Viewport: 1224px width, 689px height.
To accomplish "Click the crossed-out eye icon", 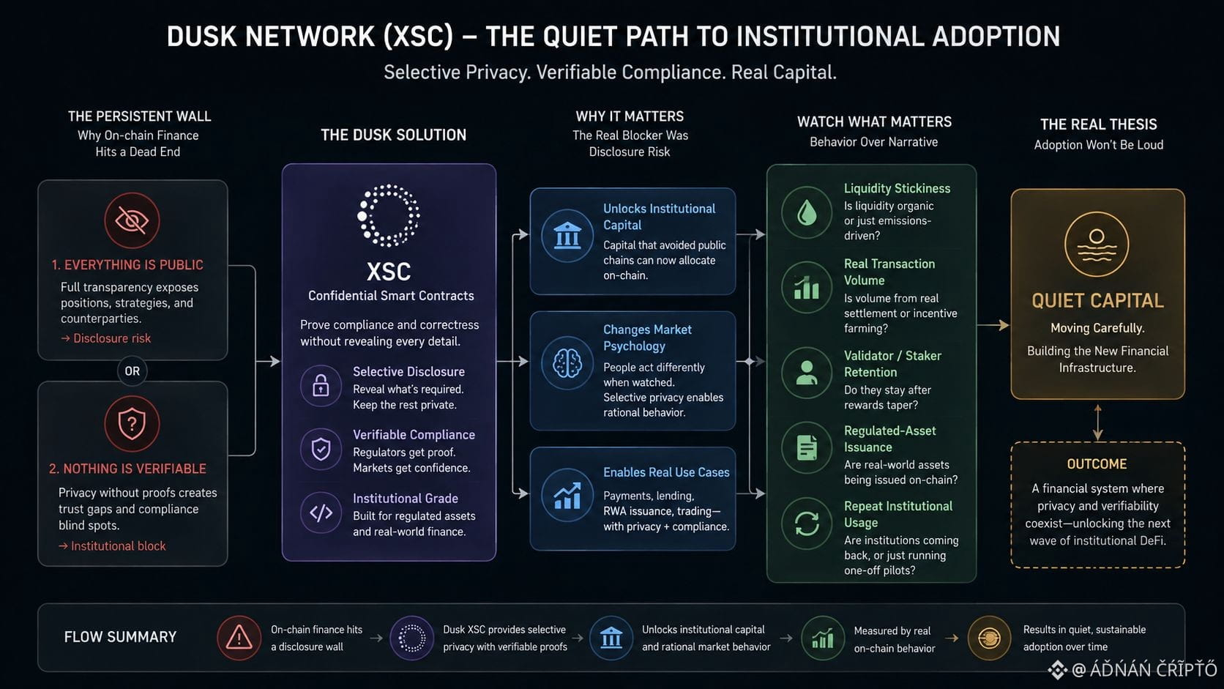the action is click(132, 220).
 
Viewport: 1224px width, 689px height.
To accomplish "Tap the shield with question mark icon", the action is click(132, 423).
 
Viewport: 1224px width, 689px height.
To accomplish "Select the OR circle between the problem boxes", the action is click(133, 371).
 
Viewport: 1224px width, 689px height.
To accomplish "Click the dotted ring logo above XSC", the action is click(389, 215).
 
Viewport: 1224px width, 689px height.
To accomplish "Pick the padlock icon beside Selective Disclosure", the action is click(321, 385).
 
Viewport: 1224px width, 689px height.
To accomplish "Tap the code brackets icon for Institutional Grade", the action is click(321, 513).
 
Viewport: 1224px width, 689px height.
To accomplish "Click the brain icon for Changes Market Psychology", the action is click(567, 362).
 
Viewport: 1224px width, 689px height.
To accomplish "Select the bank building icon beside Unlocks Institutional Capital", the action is click(567, 236).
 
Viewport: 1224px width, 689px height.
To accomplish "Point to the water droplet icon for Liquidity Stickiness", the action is click(807, 212).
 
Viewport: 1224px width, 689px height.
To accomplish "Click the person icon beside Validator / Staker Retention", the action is click(807, 373).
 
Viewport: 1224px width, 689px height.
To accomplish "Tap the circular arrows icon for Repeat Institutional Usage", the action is click(807, 524).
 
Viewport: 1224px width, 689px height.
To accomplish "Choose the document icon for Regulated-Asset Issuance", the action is click(807, 447).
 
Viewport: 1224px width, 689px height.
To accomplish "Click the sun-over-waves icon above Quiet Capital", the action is click(1097, 245).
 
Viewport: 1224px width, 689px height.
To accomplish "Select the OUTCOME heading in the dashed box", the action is click(1097, 464).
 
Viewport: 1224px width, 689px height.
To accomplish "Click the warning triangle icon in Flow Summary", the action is click(239, 638).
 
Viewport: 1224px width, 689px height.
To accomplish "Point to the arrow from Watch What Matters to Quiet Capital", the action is click(993, 325).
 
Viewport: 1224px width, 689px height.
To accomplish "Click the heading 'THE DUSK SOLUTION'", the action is click(393, 135).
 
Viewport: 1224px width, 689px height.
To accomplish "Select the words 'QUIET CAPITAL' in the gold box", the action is click(1097, 300).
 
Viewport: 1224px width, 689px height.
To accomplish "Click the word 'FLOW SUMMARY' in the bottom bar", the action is click(120, 637).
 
